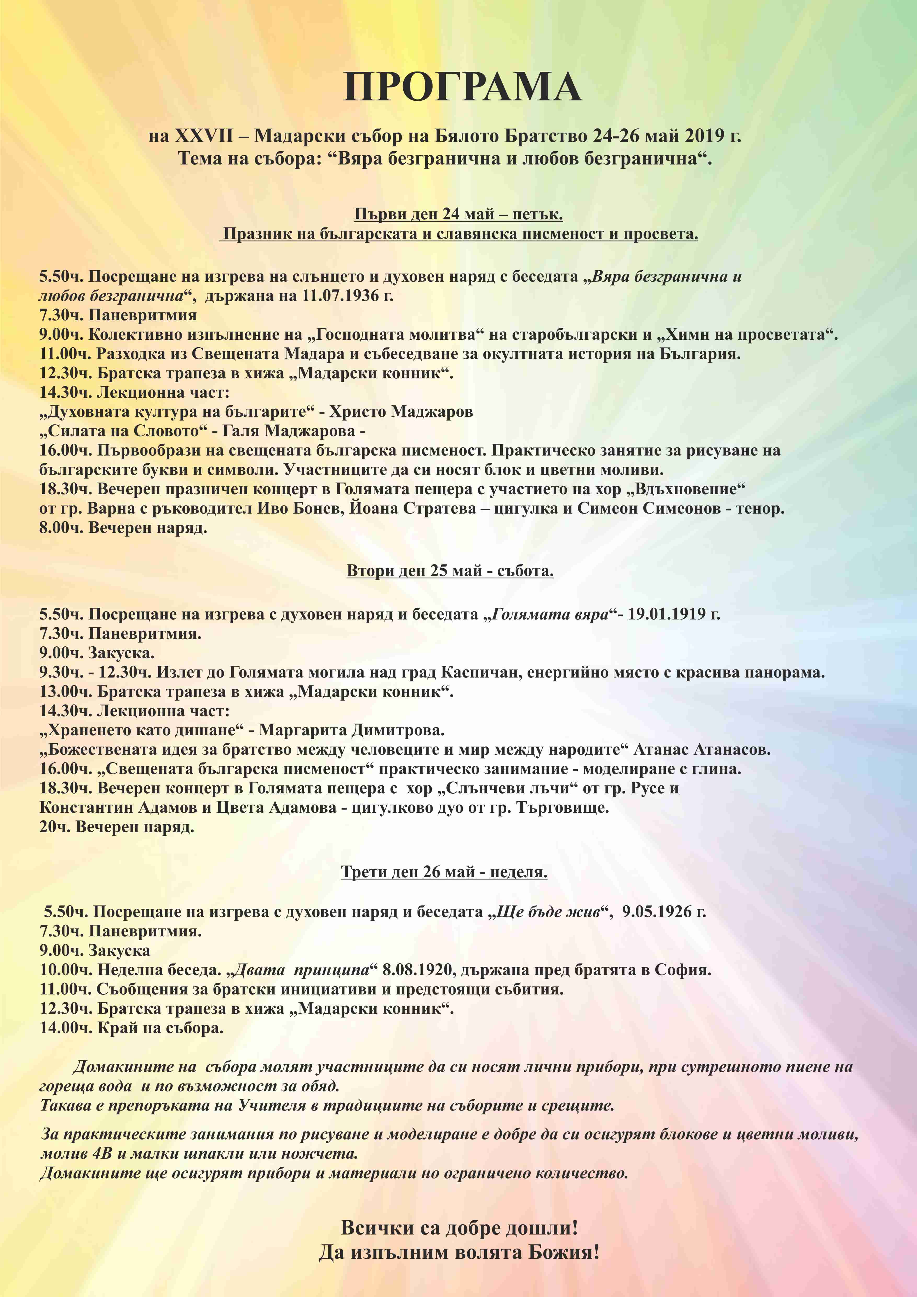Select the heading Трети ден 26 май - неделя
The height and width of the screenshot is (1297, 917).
coord(444,872)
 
